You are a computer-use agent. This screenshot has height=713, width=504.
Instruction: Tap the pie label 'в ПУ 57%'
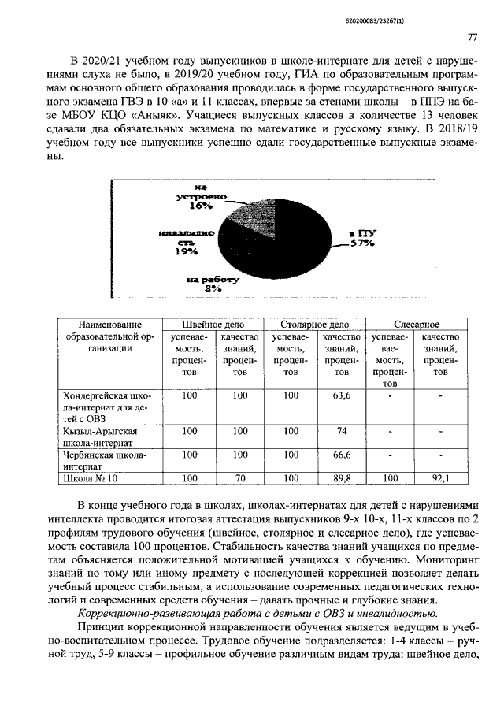[361, 239]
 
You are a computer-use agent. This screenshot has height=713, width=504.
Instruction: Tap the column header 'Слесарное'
[417, 324]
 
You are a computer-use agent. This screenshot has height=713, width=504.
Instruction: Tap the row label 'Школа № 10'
[89, 477]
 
